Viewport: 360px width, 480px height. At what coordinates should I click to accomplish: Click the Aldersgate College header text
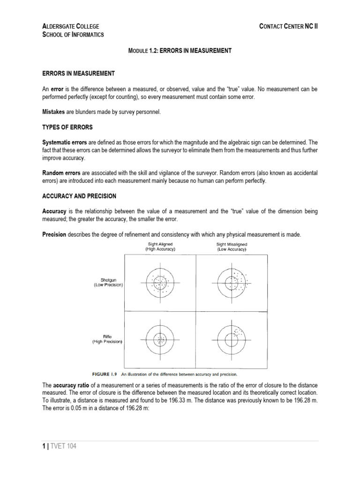pos(70,26)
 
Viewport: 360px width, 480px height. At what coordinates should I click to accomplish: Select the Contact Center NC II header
pos(289,26)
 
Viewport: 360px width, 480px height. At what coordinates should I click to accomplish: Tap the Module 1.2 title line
pos(180,50)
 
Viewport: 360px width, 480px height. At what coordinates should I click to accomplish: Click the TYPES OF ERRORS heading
pos(67,127)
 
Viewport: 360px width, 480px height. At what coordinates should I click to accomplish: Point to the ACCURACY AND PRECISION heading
pos(79,195)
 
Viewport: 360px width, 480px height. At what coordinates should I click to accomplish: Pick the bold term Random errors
pos(61,173)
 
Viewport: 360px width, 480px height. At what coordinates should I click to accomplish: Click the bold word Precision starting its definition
pos(54,234)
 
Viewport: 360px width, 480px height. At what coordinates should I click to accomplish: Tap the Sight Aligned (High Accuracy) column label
pos(160,247)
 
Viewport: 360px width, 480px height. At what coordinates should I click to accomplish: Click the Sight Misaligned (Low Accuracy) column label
pos(232,247)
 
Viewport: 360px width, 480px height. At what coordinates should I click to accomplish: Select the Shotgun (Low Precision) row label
pos(108,283)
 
